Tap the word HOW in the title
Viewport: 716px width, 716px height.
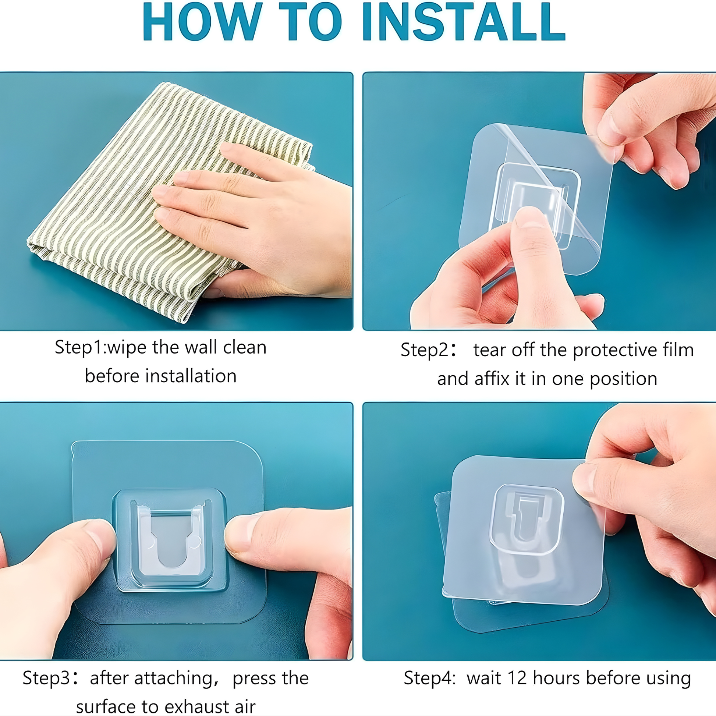pyautogui.click(x=202, y=21)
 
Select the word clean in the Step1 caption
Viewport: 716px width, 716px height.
pyautogui.click(x=245, y=347)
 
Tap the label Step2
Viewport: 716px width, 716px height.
pyautogui.click(x=425, y=350)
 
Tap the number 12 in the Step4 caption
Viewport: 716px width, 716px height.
pyautogui.click(x=517, y=677)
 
